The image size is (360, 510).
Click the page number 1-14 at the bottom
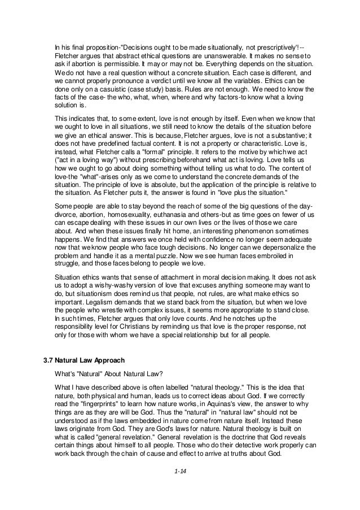click(181, 484)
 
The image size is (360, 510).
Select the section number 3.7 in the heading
click(51, 359)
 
